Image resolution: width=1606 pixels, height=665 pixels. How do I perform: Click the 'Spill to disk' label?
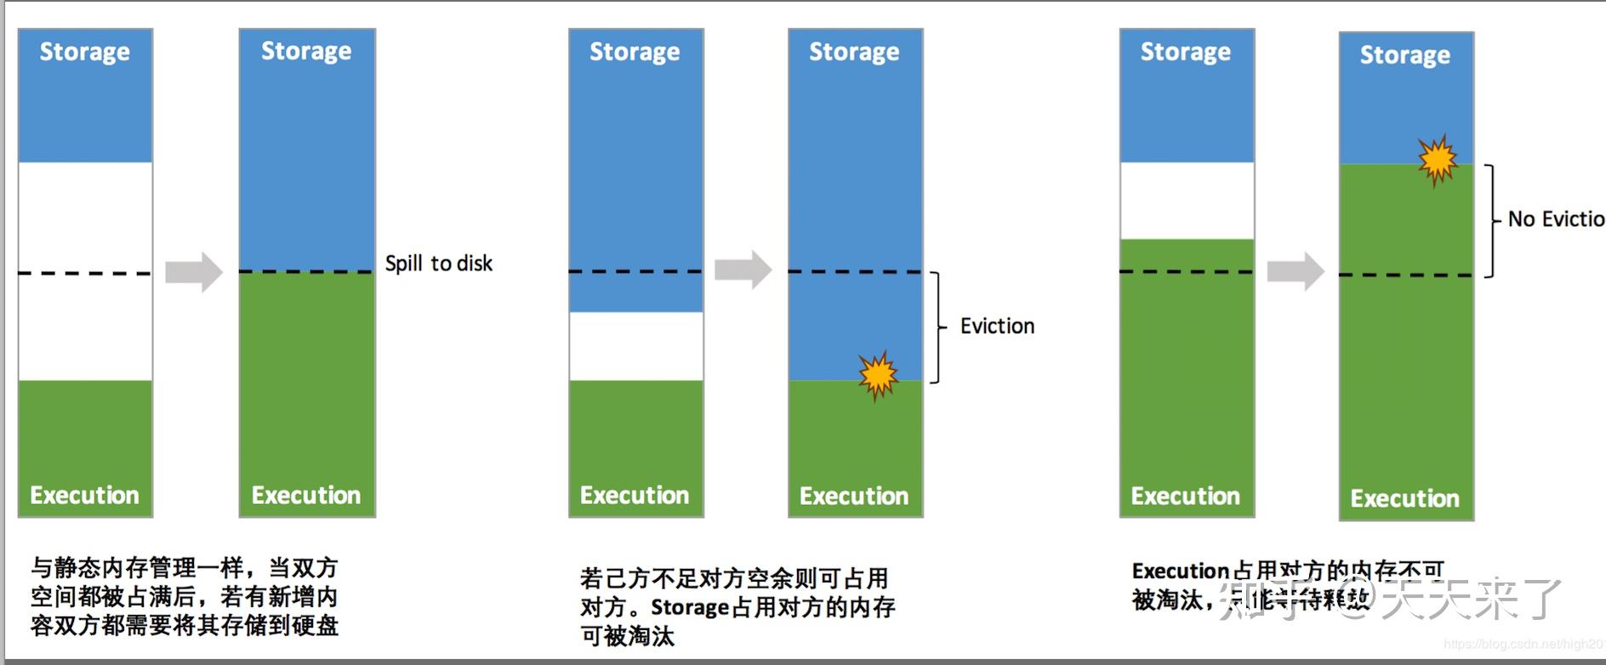click(438, 264)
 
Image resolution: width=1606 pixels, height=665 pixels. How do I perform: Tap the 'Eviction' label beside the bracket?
click(997, 326)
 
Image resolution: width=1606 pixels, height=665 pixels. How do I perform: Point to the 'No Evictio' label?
click(1556, 219)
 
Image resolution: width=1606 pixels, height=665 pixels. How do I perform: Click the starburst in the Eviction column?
click(878, 374)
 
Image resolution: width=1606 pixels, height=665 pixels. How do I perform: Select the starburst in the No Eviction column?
click(1438, 159)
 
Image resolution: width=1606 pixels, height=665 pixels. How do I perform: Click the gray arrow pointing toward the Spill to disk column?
click(193, 272)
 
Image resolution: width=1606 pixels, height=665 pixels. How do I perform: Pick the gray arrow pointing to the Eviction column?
click(743, 270)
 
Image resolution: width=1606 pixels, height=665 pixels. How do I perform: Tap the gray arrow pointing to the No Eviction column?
click(1295, 272)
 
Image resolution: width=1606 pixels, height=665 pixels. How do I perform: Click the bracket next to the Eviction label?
click(937, 327)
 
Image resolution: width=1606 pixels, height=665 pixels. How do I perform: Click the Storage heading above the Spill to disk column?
click(306, 51)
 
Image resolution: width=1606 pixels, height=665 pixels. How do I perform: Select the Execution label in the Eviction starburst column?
click(854, 496)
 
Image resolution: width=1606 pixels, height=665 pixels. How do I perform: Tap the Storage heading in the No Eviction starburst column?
click(1404, 55)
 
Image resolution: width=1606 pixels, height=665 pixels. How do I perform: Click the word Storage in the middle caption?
click(690, 608)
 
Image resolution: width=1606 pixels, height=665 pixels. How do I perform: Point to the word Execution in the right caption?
click(1181, 571)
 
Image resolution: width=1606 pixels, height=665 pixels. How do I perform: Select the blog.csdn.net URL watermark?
click(1523, 645)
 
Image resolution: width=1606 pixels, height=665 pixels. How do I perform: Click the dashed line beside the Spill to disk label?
click(306, 272)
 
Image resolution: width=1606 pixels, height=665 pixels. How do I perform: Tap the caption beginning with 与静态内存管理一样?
click(185, 596)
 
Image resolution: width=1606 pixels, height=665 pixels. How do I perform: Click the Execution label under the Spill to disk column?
click(306, 495)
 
